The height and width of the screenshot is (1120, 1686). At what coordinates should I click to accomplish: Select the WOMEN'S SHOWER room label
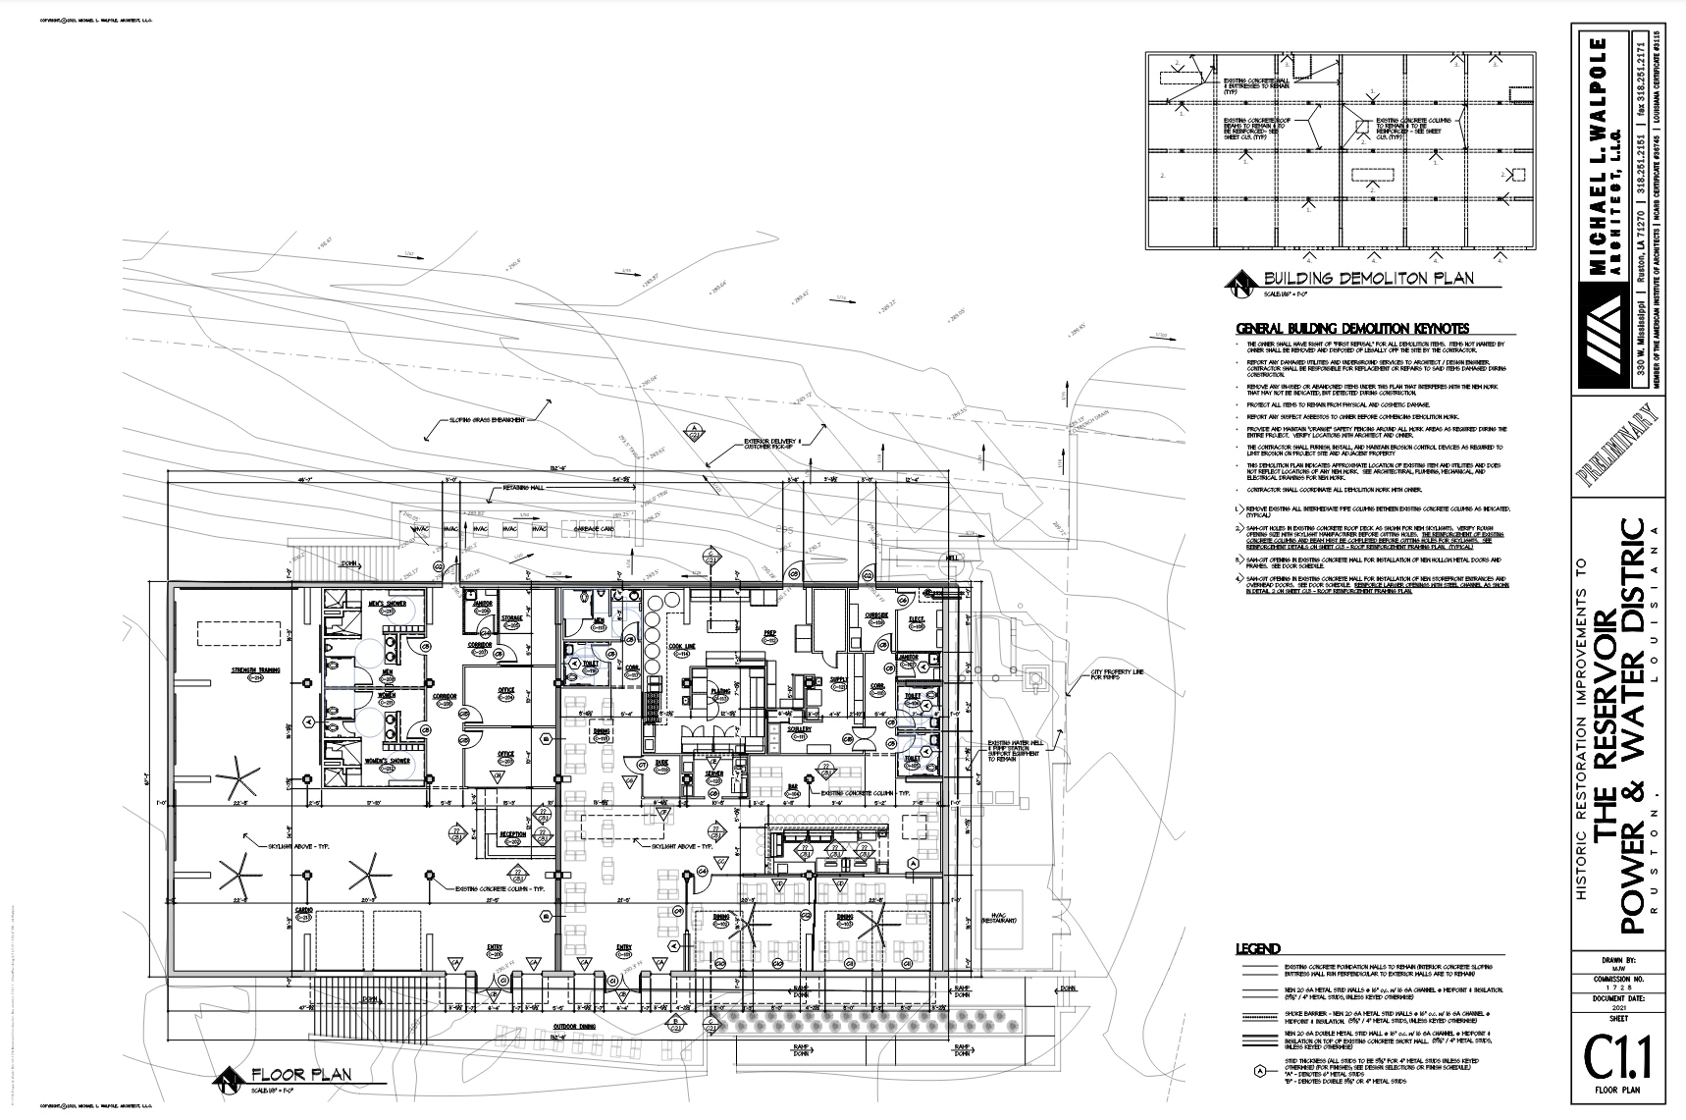[x=384, y=763]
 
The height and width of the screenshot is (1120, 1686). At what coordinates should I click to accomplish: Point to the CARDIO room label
[x=304, y=911]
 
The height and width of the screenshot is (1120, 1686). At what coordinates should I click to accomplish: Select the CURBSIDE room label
[x=876, y=615]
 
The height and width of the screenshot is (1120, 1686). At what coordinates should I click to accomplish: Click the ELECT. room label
[x=917, y=618]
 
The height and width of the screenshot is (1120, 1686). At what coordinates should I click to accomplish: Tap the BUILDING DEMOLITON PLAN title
[x=1369, y=278]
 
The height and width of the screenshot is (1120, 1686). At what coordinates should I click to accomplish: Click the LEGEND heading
[x=1257, y=948]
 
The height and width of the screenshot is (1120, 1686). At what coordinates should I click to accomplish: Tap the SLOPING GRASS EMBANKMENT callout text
[x=488, y=420]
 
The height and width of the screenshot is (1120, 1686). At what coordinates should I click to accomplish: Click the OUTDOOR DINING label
[x=576, y=1027]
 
